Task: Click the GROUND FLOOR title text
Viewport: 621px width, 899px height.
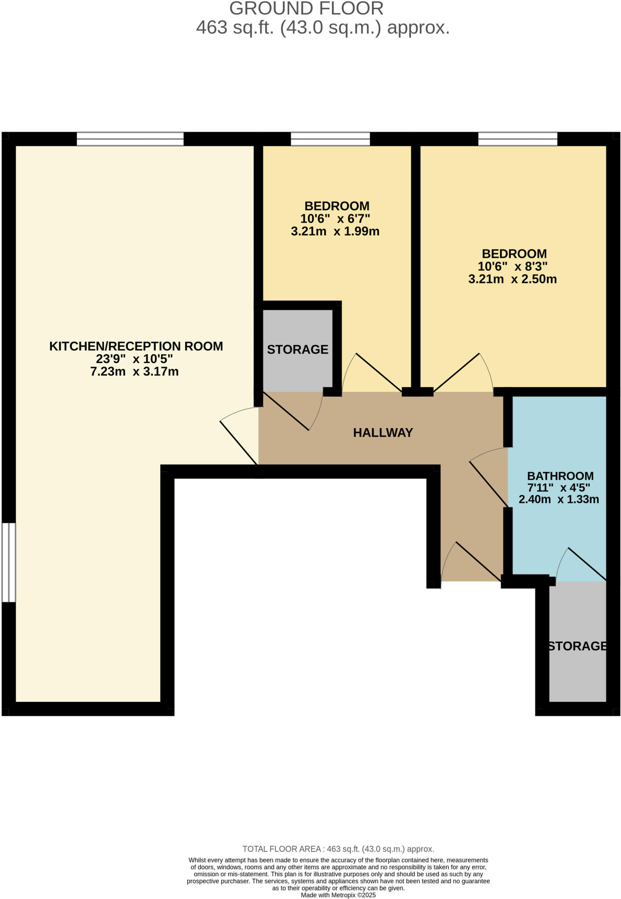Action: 306,9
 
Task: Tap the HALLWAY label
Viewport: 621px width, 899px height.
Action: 383,433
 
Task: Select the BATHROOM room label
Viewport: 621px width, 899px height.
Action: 560,476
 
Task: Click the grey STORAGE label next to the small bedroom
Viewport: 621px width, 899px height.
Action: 297,349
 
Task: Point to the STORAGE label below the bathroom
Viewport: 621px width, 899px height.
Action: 577,646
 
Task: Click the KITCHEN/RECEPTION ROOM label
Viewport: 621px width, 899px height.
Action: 136,346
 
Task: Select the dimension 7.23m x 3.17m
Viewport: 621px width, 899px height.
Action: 134,372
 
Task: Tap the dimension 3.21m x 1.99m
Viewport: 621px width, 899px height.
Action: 335,231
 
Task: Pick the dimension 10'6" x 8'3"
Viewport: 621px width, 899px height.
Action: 513,266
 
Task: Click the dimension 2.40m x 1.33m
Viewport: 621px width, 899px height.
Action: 559,500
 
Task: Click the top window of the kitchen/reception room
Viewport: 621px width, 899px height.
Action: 130,139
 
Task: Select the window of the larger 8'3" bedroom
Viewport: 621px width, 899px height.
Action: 517,139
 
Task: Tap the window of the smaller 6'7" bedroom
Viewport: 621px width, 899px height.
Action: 330,139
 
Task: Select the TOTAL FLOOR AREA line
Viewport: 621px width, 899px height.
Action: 338,849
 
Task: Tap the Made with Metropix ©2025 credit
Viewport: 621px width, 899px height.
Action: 338,895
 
